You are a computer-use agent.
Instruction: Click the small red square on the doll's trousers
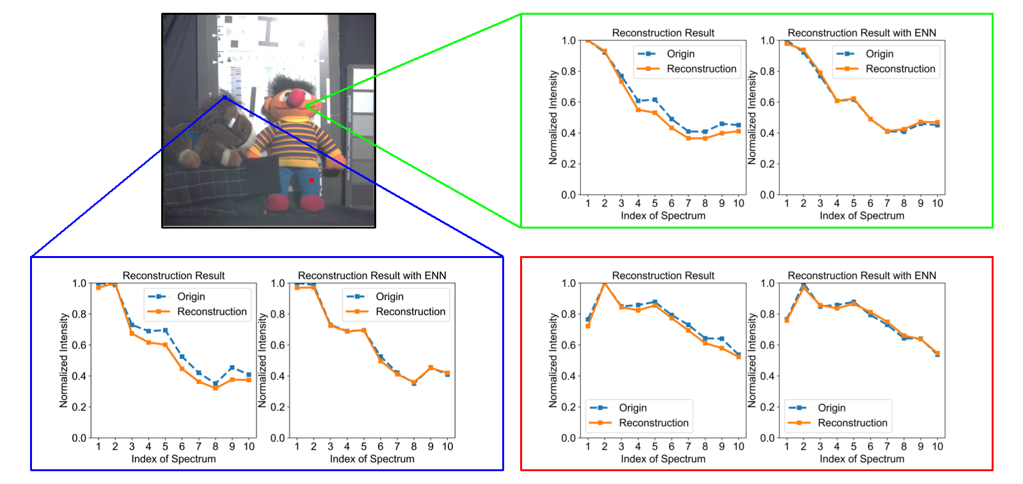[x=312, y=181]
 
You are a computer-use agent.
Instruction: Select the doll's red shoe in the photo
[x=311, y=204]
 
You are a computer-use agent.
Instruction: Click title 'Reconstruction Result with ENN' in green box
[x=862, y=33]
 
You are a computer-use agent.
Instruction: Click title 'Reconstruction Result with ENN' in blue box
[x=372, y=276]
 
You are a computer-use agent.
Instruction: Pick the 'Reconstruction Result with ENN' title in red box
[x=862, y=276]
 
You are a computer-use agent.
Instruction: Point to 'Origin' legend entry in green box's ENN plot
[x=879, y=54]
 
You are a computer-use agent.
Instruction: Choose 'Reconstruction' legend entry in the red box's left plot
[x=653, y=423]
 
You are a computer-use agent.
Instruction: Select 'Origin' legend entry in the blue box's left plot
[x=191, y=296]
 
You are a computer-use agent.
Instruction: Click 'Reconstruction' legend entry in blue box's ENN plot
[x=410, y=312]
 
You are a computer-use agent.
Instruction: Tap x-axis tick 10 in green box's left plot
[x=738, y=204]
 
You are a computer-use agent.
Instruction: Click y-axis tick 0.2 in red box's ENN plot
[x=767, y=407]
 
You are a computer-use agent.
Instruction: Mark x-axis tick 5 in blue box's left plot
[x=165, y=447]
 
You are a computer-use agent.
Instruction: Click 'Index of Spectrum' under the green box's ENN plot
[x=862, y=216]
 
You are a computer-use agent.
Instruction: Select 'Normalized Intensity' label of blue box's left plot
[x=63, y=360]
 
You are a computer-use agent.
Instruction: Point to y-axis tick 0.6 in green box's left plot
[x=568, y=102]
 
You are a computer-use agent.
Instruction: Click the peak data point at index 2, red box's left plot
[x=604, y=283]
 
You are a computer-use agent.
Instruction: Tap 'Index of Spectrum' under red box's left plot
[x=663, y=459]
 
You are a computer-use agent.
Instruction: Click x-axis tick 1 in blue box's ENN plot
[x=297, y=447]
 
